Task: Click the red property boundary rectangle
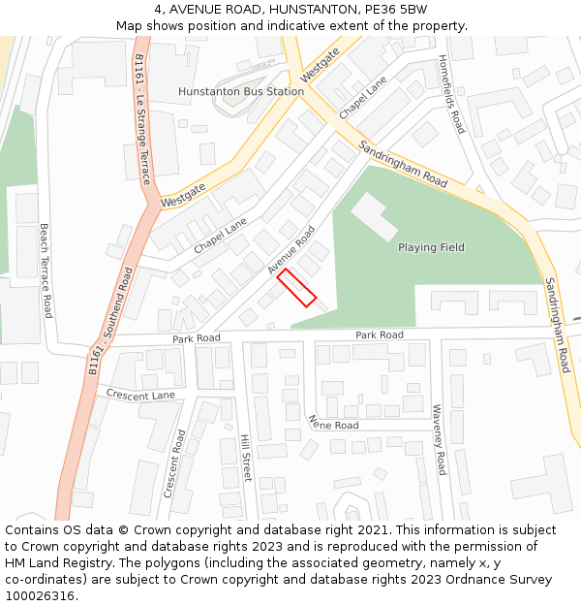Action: pos(297,288)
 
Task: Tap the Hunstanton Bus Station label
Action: pos(241,92)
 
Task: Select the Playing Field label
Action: pos(431,247)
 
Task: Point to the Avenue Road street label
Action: pos(292,250)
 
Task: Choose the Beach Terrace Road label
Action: pos(46,271)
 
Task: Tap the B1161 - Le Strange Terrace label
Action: pos(143,119)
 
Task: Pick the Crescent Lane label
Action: pos(140,396)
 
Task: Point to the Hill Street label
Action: pos(246,458)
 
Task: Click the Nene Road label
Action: pos(332,424)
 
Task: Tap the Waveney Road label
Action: pos(438,439)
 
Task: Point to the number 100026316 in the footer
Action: pos(42,596)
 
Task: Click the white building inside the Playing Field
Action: pos(373,216)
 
